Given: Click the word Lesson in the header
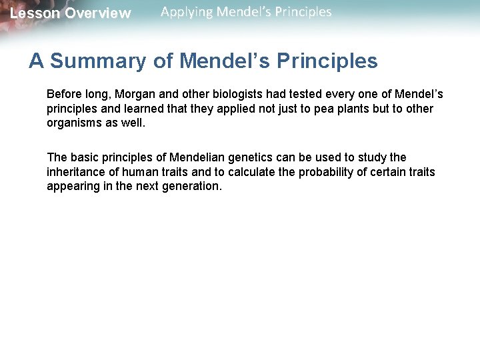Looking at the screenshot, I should point(34,13).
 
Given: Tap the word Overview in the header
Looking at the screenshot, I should point(98,13).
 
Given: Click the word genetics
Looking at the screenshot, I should point(250,157).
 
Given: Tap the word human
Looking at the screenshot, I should point(138,172).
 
